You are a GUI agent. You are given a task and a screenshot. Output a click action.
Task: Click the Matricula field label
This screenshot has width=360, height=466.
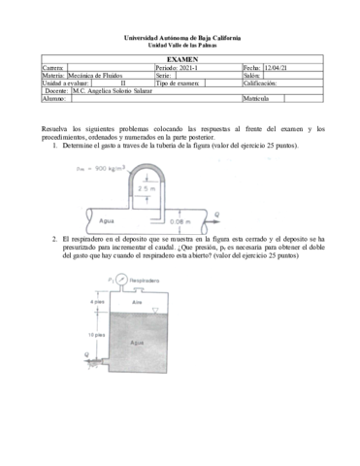tap(258, 99)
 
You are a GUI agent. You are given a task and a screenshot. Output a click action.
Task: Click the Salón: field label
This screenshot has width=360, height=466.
tap(252, 76)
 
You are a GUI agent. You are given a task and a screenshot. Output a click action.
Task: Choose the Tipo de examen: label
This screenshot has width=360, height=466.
tap(178, 83)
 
